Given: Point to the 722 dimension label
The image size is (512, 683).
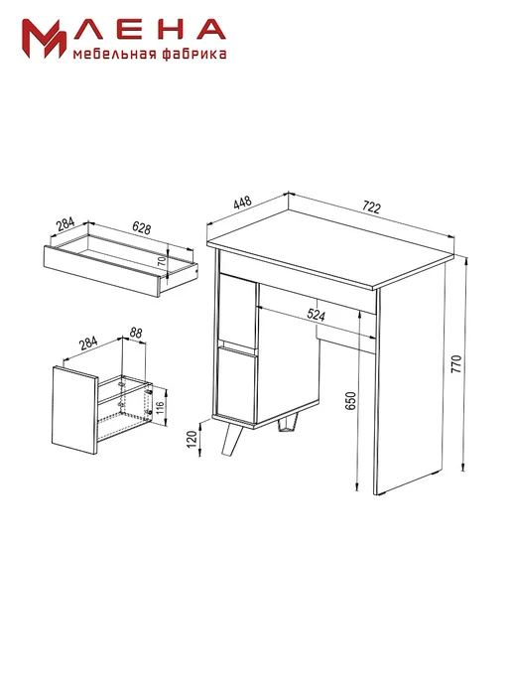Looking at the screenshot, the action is click(x=371, y=207).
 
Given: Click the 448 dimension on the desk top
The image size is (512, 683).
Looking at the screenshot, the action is click(x=242, y=203).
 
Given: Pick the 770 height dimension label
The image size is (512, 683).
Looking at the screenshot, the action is click(x=455, y=364).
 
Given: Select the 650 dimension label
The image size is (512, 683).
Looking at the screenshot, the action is click(x=350, y=401).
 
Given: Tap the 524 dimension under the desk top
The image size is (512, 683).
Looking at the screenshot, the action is click(x=316, y=314).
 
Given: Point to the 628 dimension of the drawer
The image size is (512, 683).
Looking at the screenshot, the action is click(x=141, y=227).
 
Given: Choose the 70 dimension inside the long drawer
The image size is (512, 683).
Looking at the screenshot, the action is click(x=161, y=262).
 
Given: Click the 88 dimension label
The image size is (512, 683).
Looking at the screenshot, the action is click(x=136, y=333).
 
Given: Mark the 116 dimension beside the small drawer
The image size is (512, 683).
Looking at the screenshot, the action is click(x=160, y=407).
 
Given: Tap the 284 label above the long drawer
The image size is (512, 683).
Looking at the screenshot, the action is click(x=65, y=223).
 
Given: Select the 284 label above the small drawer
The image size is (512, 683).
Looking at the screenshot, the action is click(x=88, y=343).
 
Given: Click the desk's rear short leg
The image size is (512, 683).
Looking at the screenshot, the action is click(x=286, y=426).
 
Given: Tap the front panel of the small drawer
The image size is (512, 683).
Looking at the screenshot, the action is click(x=74, y=410).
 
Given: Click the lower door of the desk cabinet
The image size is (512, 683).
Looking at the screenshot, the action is click(x=238, y=385).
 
